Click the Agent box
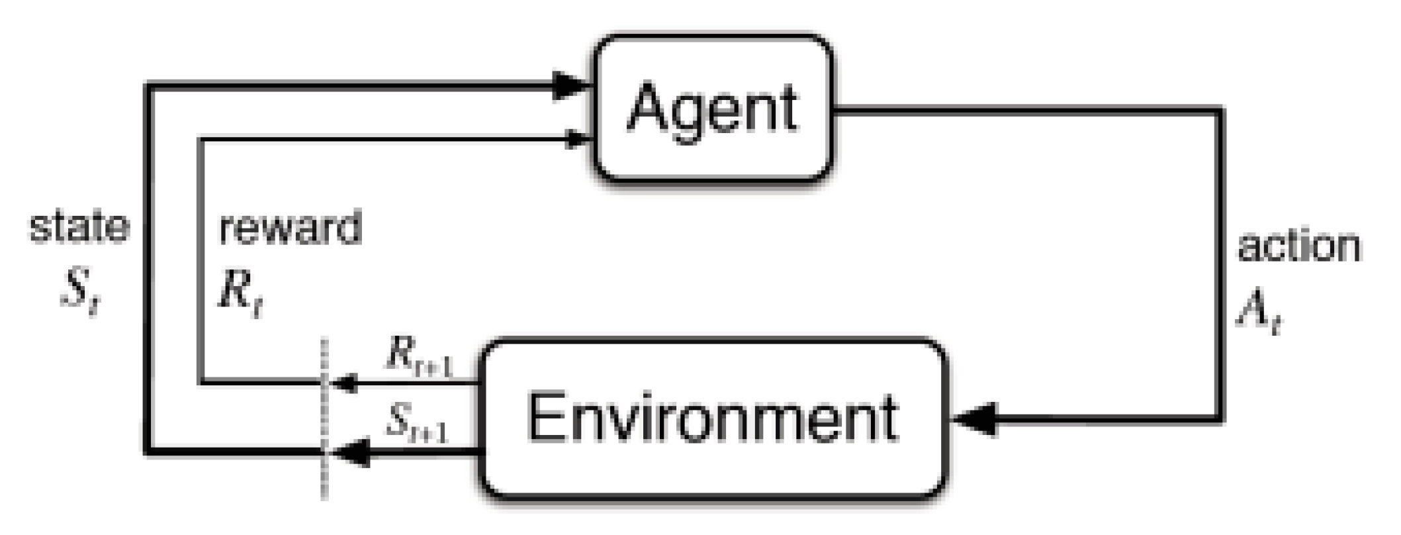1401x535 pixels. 713,108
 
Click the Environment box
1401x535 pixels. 713,418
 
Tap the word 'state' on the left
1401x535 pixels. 79,226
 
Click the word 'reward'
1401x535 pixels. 290,228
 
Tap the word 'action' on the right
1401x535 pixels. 1298,246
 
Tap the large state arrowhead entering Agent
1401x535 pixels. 570,85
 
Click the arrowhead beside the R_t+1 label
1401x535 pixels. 344,383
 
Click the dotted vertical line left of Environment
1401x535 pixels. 324,417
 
